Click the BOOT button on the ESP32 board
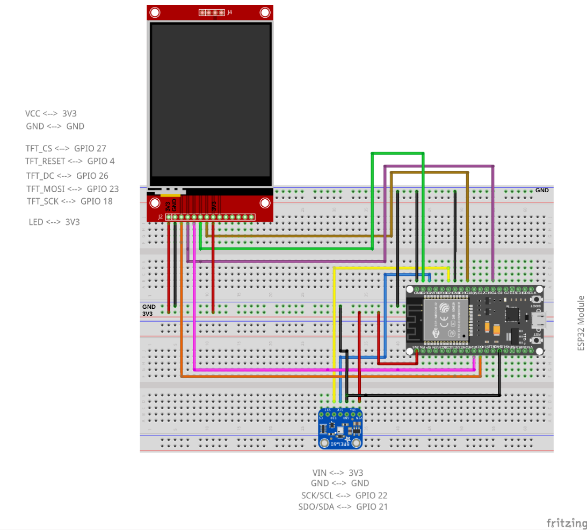[x=536, y=300]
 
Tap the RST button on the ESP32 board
[x=536, y=340]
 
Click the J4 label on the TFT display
[x=229, y=12]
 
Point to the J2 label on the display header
[x=160, y=217]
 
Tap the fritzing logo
[x=567, y=522]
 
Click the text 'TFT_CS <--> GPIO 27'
[x=69, y=148]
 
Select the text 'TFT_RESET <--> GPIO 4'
[x=70, y=161]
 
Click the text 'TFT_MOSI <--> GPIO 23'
[x=73, y=189]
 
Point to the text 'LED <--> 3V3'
[x=54, y=222]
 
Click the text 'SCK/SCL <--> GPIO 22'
[x=344, y=496]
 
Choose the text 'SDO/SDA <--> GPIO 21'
[x=343, y=507]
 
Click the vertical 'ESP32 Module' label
[x=581, y=323]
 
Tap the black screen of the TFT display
[x=210, y=101]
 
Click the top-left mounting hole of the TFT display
[x=155, y=12]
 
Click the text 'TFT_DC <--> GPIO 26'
[x=67, y=176]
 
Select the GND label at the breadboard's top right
[x=542, y=191]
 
